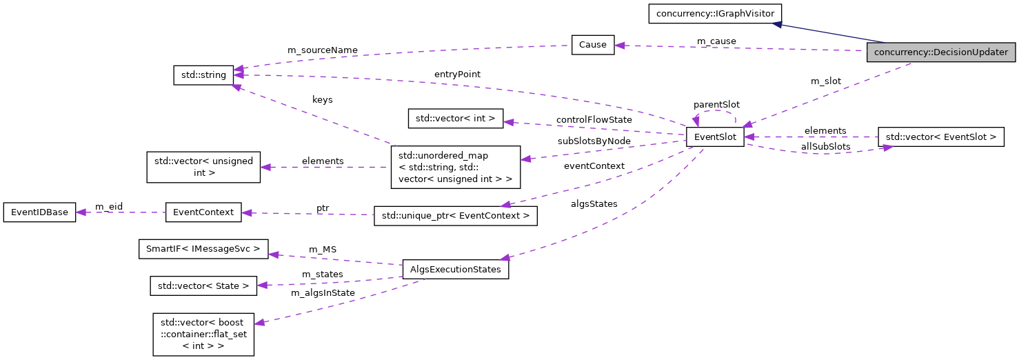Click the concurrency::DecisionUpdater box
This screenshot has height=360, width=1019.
point(940,52)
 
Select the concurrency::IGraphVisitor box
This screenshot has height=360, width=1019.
point(714,13)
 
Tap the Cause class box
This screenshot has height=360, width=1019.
point(592,45)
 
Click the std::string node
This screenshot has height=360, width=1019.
point(203,75)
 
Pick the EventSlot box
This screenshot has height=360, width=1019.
point(714,137)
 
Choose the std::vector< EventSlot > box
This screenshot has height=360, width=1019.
point(940,137)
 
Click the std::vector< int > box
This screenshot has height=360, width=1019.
point(456,118)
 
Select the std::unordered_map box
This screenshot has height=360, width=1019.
point(455,166)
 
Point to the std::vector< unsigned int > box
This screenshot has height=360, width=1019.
point(203,167)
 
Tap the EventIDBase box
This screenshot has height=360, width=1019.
point(39,212)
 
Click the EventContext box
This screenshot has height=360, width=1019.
point(203,212)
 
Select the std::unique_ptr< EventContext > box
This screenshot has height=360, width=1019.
point(455,216)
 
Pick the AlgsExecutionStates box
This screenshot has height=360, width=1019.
point(455,269)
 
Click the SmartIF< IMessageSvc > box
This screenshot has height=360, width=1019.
point(203,248)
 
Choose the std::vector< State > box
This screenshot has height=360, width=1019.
point(203,285)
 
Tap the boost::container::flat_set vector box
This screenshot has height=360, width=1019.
point(203,334)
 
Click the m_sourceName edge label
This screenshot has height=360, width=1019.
point(322,50)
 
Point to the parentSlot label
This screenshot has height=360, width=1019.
point(716,104)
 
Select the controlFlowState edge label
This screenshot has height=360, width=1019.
point(594,119)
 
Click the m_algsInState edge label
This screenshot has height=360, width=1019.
point(323,292)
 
